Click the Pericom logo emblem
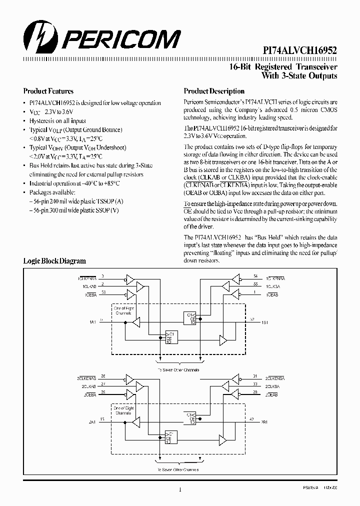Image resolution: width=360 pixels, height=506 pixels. [36, 37]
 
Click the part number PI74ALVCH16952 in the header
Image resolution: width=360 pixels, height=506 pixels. [300, 50]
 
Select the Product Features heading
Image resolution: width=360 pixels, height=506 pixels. [48, 91]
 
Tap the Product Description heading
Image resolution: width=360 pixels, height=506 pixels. [214, 91]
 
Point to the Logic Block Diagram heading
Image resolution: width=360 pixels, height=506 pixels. [54, 260]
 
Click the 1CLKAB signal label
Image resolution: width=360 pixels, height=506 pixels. [86, 285]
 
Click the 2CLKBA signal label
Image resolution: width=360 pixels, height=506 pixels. [272, 385]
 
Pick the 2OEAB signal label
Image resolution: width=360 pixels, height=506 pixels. [272, 394]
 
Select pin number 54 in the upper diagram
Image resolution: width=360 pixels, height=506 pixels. [255, 276]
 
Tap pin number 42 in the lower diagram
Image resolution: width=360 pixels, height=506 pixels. [251, 419]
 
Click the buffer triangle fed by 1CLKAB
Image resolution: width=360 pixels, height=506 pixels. [140, 286]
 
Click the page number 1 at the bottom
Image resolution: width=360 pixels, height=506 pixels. [179, 490]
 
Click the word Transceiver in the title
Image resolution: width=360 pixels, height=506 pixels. [315, 67]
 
